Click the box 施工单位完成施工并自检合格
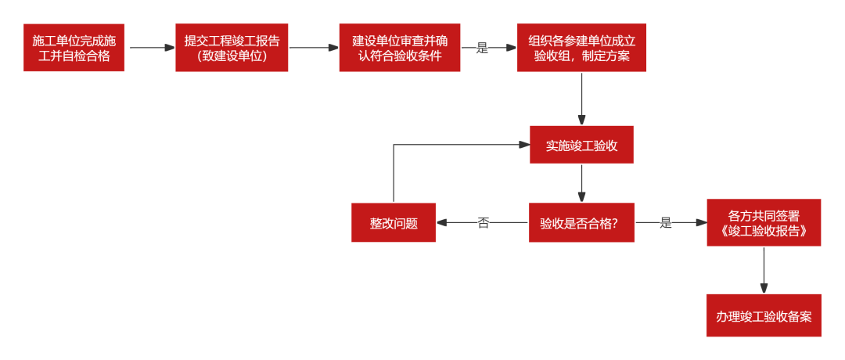pos(74,48)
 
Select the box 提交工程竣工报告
pos(232,48)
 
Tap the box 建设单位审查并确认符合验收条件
pos(399,48)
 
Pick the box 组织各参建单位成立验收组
pos(581,48)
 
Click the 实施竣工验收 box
pos(581,145)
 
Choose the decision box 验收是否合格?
pos(581,223)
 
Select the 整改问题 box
pos(394,223)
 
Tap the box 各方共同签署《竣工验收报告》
pos(764,223)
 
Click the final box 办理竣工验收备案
pos(764,316)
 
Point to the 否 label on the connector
pos(483,223)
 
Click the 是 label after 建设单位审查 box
pos(482,48)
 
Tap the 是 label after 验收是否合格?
pos(666,223)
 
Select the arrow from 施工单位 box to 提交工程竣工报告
pos(150,48)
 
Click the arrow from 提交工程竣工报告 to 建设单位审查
pos(313,48)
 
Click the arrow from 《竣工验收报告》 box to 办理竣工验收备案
pos(764,270)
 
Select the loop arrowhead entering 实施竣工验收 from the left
pos(525,145)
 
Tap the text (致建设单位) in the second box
pos(232,56)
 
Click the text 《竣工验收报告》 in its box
pos(764,232)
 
